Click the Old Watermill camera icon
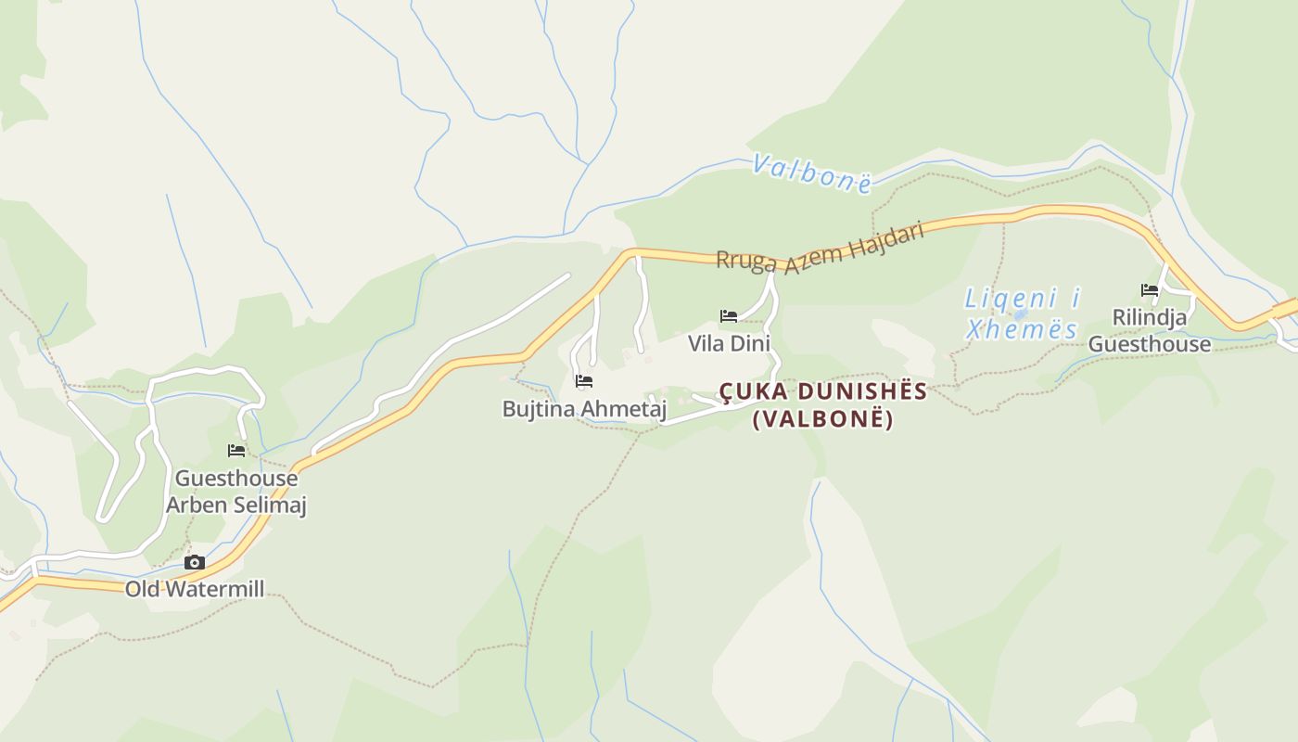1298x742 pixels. [x=195, y=562]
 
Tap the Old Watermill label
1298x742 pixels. [x=195, y=588]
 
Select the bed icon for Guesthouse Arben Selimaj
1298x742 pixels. [x=236, y=451]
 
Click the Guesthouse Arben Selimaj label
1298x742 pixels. [x=235, y=492]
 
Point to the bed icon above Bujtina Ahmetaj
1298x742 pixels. [x=583, y=380]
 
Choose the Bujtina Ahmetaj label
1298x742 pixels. [x=584, y=408]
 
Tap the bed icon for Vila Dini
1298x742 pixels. [x=729, y=315]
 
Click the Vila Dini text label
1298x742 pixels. [x=729, y=343]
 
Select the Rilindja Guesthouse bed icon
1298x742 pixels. [x=1150, y=289]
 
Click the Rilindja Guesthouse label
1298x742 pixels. [x=1150, y=330]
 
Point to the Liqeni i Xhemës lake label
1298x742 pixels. [x=1023, y=313]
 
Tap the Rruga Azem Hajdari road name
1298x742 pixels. [x=821, y=249]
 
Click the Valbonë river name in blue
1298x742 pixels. [x=812, y=173]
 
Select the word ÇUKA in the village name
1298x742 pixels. [x=752, y=390]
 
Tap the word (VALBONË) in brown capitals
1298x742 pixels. [x=823, y=419]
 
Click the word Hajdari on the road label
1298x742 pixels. [x=893, y=234]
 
